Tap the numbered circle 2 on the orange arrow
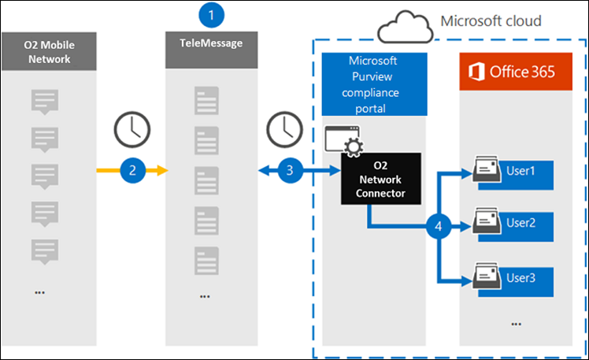click(x=133, y=169)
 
